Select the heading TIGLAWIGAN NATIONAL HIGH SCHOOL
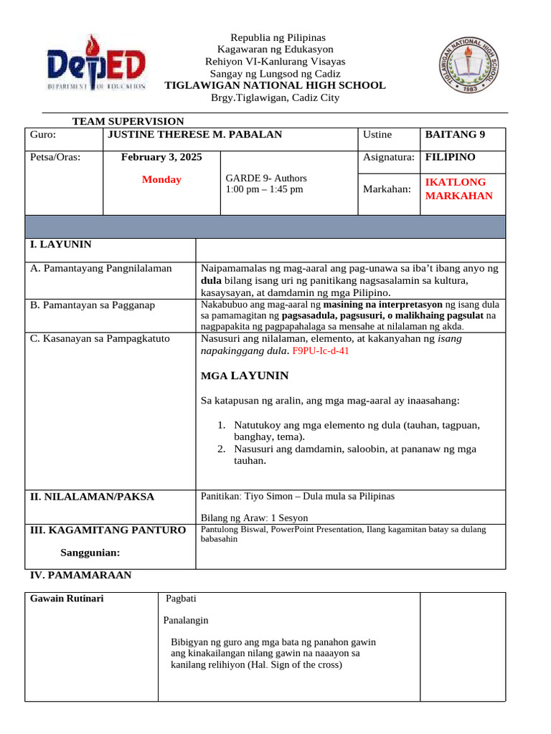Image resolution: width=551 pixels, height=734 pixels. [275, 85]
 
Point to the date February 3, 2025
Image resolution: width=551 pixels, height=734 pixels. [161, 157]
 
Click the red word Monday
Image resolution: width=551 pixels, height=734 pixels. [161, 180]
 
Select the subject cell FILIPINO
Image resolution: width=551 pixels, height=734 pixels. [450, 157]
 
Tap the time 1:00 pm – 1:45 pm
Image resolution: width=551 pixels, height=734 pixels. [264, 189]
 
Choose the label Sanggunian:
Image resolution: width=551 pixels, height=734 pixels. [90, 553]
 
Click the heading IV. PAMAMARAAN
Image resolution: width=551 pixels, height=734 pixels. [80, 575]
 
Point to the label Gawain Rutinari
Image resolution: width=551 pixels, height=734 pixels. [67, 599]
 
